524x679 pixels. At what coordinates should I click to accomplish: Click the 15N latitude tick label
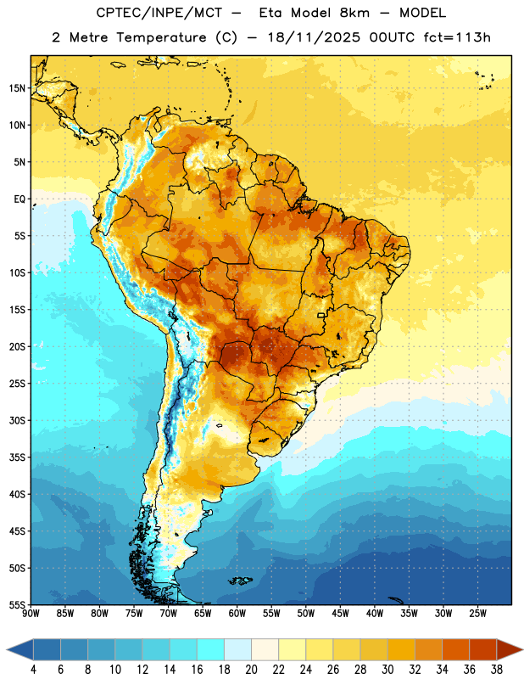pos(17,88)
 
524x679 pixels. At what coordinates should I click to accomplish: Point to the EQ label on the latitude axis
pos(20,199)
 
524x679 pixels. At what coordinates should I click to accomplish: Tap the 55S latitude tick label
pos(17,604)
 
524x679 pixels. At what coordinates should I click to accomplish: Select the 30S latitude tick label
pos(17,420)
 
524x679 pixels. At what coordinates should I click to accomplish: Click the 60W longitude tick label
pos(237,614)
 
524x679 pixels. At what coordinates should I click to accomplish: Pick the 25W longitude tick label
pos(477,614)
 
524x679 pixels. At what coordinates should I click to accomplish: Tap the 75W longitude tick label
pos(134,614)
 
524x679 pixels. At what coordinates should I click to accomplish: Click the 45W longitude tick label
pos(341,614)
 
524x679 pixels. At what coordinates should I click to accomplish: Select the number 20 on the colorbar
pos(251,670)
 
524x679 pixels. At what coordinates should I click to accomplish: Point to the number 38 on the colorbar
pos(497,670)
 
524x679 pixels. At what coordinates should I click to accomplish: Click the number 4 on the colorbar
pos(33,670)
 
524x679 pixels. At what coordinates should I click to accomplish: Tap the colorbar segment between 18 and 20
pos(237,649)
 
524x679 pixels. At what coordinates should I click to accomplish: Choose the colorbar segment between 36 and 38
pos(483,649)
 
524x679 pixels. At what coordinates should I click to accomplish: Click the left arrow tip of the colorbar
pos(7,649)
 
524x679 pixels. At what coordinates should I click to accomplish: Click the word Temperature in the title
pos(161,37)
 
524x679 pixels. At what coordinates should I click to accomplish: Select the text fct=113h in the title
pos(457,37)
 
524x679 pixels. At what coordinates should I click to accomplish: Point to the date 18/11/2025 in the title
pos(314,37)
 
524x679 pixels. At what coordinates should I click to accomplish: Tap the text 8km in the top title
pos(354,13)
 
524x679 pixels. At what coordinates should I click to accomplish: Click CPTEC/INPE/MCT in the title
pos(159,13)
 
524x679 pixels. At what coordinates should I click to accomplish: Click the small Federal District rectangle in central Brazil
pos(321,315)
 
